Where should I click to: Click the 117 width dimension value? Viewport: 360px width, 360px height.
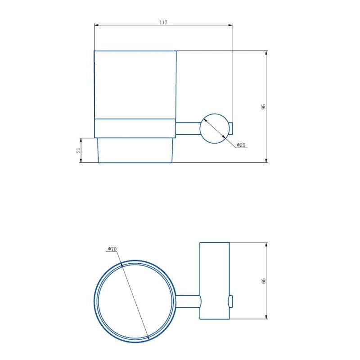pos(163,22)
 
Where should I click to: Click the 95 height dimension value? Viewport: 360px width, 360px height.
pos(264,107)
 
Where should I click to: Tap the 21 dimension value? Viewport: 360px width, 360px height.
pos(78,150)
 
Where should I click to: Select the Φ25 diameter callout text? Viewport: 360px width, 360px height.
pos(241,145)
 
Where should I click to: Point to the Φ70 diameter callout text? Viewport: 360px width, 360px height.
pos(112,249)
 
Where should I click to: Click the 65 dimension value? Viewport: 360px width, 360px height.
pos(264,280)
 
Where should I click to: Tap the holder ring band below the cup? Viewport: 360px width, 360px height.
pos(134,128)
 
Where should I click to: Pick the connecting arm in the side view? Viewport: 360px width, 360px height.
pos(187,128)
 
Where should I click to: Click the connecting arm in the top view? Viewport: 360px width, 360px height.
pos(187,301)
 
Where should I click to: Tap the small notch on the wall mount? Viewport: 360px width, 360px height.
pos(231,301)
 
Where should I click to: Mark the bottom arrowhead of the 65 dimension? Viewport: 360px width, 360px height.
pos(266,317)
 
